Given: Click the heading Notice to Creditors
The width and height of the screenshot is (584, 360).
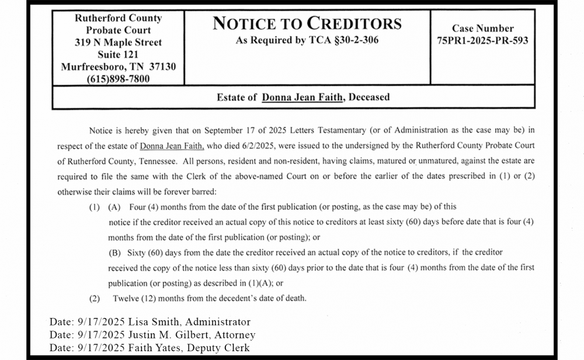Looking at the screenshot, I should click(x=307, y=23).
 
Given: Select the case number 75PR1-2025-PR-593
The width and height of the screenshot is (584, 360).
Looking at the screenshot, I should click(x=482, y=41).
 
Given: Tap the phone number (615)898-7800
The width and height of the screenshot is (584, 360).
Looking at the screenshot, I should click(x=118, y=79).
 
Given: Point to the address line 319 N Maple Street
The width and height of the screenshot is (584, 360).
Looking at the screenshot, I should click(x=118, y=42).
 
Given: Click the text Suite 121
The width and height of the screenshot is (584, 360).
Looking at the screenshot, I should click(x=118, y=54).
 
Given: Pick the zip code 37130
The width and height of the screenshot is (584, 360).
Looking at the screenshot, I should click(x=160, y=67).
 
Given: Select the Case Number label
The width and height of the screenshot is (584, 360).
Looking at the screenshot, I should click(x=482, y=28).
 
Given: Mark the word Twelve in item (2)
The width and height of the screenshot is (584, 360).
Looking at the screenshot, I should click(x=126, y=299).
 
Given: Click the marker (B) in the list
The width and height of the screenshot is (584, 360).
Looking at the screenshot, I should click(x=114, y=253).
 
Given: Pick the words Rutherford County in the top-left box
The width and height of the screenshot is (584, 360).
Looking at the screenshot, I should click(x=118, y=18).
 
